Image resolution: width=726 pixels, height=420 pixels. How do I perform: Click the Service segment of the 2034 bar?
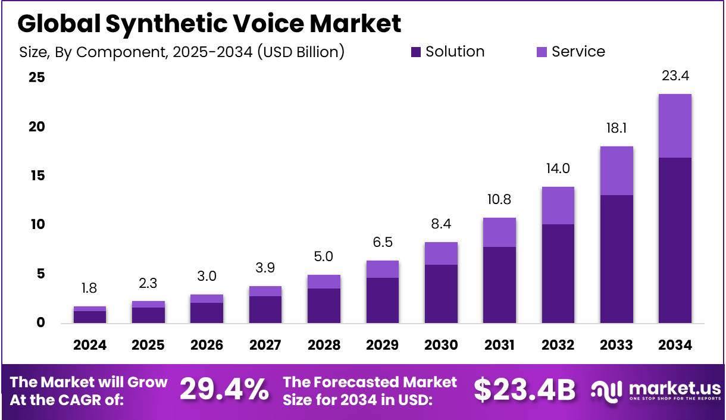click(675, 126)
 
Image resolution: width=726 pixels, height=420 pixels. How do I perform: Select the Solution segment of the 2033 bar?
click(617, 259)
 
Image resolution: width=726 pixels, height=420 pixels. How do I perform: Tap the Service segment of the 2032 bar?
click(558, 205)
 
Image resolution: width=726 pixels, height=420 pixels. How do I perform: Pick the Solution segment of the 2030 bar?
click(441, 294)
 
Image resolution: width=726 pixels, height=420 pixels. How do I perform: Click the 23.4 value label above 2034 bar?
click(675, 76)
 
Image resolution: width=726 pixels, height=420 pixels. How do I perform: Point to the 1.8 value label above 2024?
click(90, 289)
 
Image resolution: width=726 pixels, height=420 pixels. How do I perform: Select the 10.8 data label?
click(499, 199)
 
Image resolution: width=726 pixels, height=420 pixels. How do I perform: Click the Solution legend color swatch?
click(416, 52)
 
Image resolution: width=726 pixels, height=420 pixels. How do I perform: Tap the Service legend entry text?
click(578, 52)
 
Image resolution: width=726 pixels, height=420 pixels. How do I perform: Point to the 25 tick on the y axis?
click(37, 78)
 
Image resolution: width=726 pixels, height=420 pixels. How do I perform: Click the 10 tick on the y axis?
click(37, 225)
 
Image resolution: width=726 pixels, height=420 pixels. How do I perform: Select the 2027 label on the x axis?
click(265, 346)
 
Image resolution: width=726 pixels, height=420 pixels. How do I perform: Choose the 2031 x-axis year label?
click(499, 346)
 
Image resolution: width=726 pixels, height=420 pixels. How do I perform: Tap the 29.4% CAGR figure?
click(224, 390)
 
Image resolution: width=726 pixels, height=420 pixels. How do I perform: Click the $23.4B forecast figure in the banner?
click(524, 390)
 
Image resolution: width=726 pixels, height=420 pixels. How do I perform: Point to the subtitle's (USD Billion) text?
click(301, 52)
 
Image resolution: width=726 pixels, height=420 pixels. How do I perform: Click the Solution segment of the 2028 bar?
click(324, 306)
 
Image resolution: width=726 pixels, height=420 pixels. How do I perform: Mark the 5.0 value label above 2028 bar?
click(324, 257)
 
